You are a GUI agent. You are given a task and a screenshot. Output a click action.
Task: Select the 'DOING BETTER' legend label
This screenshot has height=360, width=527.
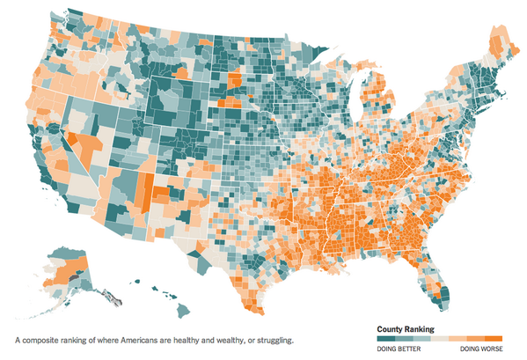pos(399,349)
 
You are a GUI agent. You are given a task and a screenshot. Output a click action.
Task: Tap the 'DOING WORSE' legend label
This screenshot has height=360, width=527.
pos(479,349)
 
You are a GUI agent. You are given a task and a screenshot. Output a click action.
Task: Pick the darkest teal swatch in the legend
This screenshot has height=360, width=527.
pos(385,338)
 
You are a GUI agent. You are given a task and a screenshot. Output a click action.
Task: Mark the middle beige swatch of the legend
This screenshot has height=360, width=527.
pos(440,338)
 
